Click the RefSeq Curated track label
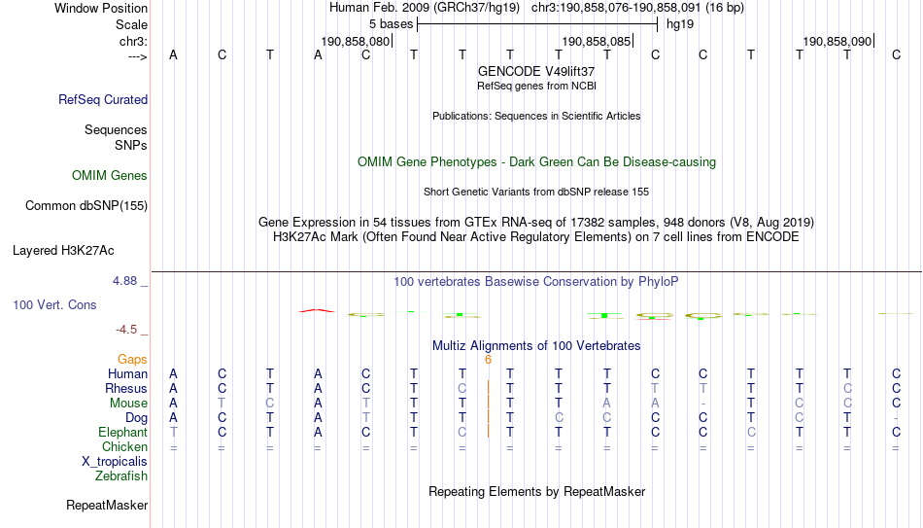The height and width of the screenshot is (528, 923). [103, 99]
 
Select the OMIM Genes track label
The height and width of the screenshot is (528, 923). [110, 176]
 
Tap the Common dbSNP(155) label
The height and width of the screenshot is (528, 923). [86, 206]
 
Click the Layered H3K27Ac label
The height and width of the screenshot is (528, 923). [63, 251]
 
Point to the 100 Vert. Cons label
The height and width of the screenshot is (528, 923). [54, 304]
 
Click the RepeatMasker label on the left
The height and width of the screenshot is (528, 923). [107, 505]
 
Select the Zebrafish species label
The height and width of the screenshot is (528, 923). [121, 475]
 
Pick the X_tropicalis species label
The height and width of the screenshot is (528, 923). [115, 462]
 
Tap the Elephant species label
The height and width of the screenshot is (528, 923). [122, 432]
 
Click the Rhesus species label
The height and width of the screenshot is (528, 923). [126, 388]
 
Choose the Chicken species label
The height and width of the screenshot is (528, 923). [124, 446]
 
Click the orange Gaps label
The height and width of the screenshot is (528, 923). [132, 360]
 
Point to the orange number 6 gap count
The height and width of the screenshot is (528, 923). [488, 360]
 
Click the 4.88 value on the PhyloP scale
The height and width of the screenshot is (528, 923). [124, 280]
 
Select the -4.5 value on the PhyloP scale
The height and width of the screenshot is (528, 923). [126, 330]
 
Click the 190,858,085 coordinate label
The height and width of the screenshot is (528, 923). [597, 42]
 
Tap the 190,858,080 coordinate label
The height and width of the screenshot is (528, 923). [356, 42]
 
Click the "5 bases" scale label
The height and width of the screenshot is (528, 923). [391, 24]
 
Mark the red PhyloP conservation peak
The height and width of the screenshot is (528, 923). [317, 310]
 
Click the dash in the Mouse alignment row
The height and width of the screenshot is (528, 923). [702, 404]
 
